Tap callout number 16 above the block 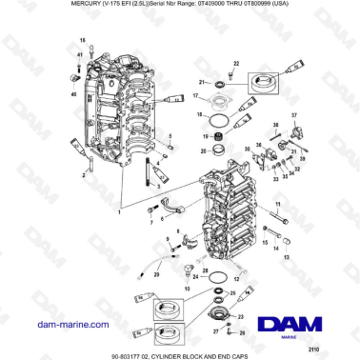pos(83,41)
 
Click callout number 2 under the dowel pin pos(83,176)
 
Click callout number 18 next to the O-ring pos(200,114)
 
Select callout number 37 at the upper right pos(294,114)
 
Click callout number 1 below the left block pos(118,212)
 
